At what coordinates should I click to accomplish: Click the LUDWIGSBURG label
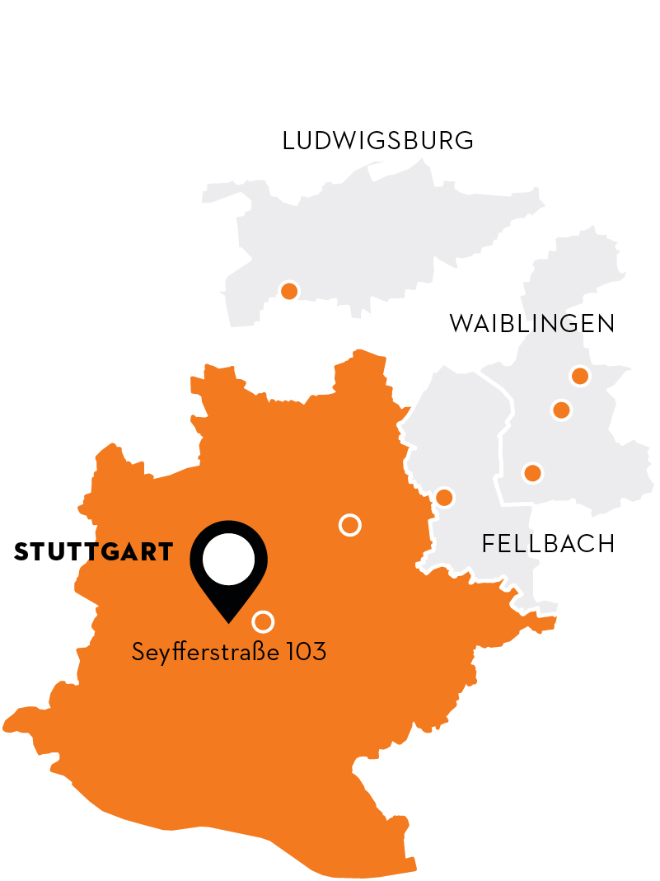coord(377,141)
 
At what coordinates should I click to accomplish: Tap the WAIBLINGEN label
coord(531,324)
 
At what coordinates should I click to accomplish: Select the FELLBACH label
coord(548,544)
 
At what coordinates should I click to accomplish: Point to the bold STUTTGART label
coord(94,552)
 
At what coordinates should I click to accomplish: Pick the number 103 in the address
coord(307,653)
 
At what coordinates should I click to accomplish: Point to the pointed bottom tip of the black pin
coord(229,621)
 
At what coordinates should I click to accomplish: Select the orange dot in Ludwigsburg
coord(289,291)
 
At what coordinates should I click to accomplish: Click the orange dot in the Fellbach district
coord(444,497)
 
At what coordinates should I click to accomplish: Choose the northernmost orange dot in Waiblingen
coord(580,377)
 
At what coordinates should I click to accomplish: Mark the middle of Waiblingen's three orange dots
coord(561,410)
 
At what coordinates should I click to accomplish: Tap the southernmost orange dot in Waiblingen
coord(532,473)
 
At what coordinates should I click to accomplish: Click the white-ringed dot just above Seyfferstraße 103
coord(263,621)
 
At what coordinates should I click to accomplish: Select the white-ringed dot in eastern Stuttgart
coord(350,524)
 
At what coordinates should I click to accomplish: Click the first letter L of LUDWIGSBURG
coord(288,141)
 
